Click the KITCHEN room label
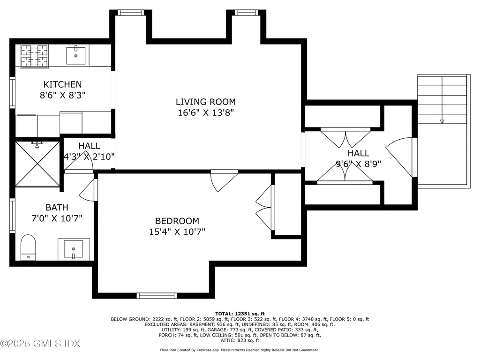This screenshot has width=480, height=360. (x=62, y=84)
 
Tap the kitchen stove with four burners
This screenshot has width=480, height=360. (x=34, y=56)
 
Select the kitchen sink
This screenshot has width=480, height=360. (x=75, y=56)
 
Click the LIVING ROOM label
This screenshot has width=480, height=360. (x=205, y=102)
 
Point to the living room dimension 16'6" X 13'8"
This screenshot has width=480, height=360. (x=205, y=112)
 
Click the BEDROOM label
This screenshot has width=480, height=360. (x=177, y=221)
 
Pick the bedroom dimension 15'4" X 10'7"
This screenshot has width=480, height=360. (x=177, y=232)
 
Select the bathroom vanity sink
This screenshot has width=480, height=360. (x=73, y=249)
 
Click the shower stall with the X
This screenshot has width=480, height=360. (x=37, y=163)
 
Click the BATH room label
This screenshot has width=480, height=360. (x=57, y=207)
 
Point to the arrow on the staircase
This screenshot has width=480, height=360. (x=442, y=121)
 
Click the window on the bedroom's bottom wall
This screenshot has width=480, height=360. (x=157, y=295)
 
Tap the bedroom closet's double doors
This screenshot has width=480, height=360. (x=264, y=208)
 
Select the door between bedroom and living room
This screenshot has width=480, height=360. (x=223, y=181)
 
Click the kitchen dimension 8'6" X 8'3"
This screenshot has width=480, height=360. (x=62, y=95)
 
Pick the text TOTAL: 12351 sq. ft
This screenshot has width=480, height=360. (x=240, y=314)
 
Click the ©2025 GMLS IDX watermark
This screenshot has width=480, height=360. (x=40, y=344)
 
